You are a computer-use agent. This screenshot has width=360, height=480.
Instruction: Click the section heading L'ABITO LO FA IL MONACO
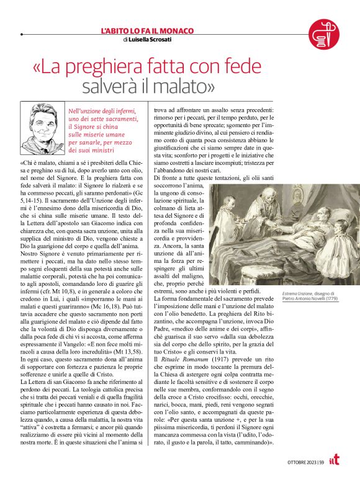coord(147,30)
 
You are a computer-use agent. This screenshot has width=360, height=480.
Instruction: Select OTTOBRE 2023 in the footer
coord(301,461)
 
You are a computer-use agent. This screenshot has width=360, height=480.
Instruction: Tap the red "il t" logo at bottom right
coord(344,460)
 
